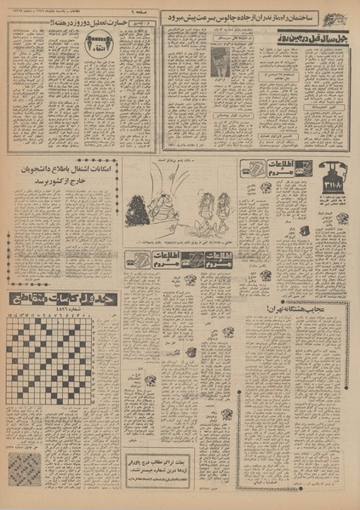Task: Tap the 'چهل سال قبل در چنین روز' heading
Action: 311,40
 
